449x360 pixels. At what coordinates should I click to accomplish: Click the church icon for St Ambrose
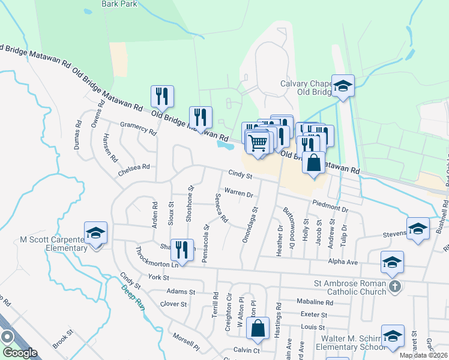(x=394, y=286)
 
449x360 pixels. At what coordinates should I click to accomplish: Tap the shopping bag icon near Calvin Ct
(x=258, y=328)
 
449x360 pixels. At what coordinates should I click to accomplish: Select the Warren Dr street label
(x=239, y=193)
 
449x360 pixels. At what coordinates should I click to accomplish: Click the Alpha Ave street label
(x=343, y=262)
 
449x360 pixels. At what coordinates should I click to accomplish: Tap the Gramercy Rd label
(x=137, y=128)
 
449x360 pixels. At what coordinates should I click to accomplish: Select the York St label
(x=159, y=278)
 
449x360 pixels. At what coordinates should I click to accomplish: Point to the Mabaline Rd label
(x=315, y=302)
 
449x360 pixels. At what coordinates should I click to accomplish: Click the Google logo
(x=19, y=353)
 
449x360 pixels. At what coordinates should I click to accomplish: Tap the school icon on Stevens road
(x=418, y=229)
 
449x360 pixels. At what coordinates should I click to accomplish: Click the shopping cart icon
(x=258, y=143)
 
